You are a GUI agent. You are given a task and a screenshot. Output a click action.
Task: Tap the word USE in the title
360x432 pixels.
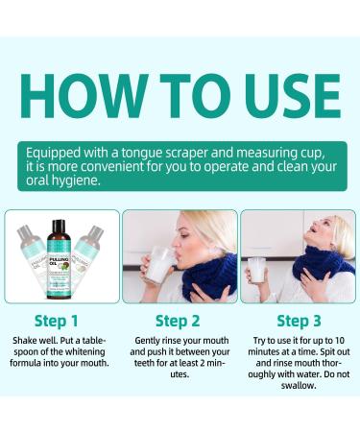281,96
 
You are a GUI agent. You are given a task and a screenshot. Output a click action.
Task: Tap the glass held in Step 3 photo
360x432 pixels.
256,271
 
